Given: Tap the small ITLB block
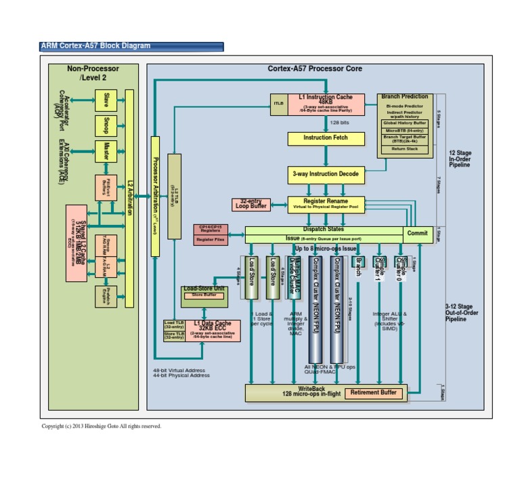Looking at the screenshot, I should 278,104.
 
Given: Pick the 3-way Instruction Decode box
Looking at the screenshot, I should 326,174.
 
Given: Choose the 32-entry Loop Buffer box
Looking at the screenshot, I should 250,204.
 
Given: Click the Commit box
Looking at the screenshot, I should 417,233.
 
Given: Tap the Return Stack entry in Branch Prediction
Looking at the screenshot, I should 405,148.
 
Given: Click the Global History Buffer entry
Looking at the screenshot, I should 405,123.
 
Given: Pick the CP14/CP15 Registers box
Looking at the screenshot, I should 210,228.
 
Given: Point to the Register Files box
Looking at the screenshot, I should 210,239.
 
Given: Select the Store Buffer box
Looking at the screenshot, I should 204,295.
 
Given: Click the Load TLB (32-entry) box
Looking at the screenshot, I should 174,325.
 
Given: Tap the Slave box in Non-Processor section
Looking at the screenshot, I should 106,100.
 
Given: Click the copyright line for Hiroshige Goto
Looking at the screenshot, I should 102,426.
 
